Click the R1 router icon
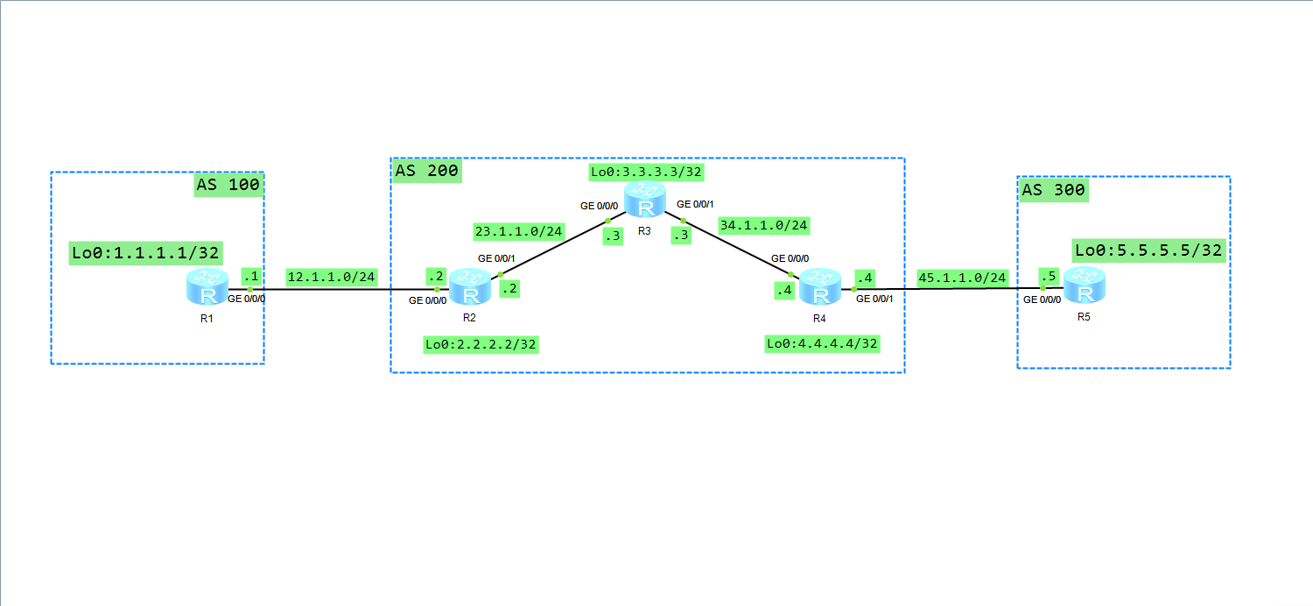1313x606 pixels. pyautogui.click(x=207, y=286)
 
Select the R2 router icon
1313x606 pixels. pyautogui.click(x=471, y=286)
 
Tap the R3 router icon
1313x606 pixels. pyautogui.click(x=645, y=201)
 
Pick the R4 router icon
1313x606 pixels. pyautogui.click(x=820, y=286)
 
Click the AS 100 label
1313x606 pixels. pyautogui.click(x=228, y=185)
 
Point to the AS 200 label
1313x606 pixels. pyautogui.click(x=426, y=171)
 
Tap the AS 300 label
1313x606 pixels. pyautogui.click(x=1053, y=190)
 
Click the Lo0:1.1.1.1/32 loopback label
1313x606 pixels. pyautogui.click(x=146, y=253)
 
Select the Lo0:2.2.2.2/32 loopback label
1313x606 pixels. pyautogui.click(x=480, y=344)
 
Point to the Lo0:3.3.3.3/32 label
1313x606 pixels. pyautogui.click(x=646, y=172)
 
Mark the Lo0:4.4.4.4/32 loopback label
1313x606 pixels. pyautogui.click(x=822, y=344)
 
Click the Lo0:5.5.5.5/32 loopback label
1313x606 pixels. pyautogui.click(x=1148, y=250)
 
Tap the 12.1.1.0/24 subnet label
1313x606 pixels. pyautogui.click(x=331, y=278)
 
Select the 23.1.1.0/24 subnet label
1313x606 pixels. pyautogui.click(x=518, y=231)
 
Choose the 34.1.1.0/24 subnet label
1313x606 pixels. pyautogui.click(x=763, y=225)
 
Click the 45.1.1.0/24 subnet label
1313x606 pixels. pyautogui.click(x=962, y=278)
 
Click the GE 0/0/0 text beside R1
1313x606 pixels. pyautogui.click(x=246, y=299)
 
